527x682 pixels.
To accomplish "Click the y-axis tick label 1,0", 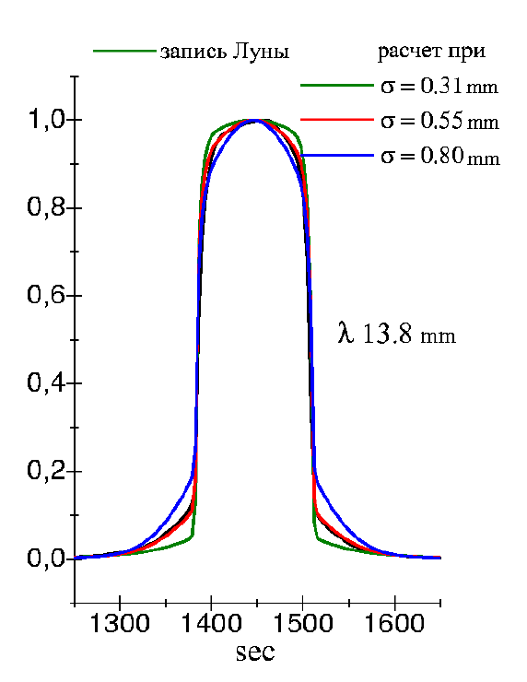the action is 47,119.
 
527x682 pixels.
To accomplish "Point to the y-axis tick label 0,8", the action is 47,206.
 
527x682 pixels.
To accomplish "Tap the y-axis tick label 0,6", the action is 47,295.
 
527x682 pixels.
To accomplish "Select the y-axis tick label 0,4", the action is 47,382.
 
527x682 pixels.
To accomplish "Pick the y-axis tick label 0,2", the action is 47,470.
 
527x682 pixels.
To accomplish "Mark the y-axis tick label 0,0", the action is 47,558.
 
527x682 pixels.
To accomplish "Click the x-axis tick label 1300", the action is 119,623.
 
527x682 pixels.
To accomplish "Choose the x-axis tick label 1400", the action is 211,623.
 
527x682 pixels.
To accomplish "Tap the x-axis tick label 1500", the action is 302,623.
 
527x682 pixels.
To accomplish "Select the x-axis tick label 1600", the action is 394,623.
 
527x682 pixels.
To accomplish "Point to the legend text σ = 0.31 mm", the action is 439,86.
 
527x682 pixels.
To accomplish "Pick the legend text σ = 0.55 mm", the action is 439,121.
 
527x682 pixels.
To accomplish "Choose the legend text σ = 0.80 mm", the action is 440,156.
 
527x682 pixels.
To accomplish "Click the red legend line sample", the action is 337,120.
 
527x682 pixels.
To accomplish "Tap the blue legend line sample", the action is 337,155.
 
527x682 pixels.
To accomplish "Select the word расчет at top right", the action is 406,51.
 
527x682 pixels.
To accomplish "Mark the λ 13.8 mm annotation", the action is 396,335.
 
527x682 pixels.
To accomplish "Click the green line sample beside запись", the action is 124,52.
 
